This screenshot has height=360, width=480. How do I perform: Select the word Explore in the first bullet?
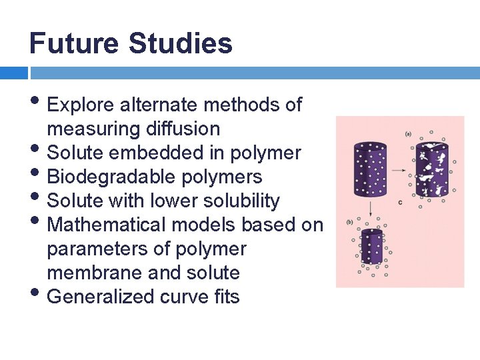(82, 105)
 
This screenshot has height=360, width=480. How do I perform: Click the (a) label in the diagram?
(408, 134)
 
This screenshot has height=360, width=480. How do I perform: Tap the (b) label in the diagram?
(350, 222)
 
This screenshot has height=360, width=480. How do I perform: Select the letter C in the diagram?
(399, 202)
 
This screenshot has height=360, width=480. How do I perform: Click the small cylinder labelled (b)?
(371, 247)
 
